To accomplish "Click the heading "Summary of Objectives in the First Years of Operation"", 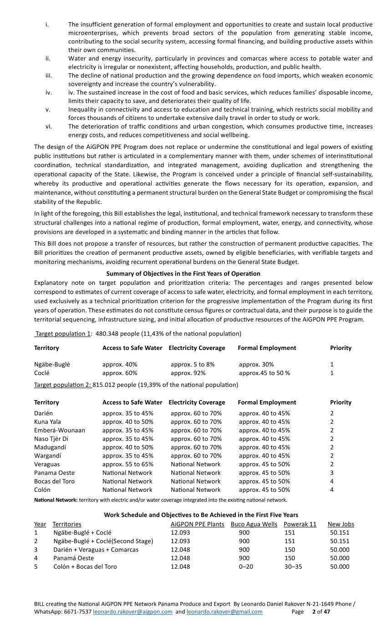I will (183, 273).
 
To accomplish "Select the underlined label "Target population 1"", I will (63, 334).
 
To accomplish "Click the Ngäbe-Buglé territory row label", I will (52, 365).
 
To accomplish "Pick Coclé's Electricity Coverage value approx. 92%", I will (188, 373).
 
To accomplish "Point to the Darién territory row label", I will (44, 413).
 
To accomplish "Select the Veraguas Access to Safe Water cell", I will (127, 464).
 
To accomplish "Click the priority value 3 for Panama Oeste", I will (332, 473).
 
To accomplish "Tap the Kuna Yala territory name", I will (47, 422).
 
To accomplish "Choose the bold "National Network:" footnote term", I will (56, 500).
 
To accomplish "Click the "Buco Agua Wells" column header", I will (254, 524).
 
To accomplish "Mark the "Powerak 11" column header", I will (300, 524).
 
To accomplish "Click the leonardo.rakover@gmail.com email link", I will (224, 612).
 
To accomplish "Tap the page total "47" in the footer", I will (326, 612).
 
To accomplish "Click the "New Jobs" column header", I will (341, 524).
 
